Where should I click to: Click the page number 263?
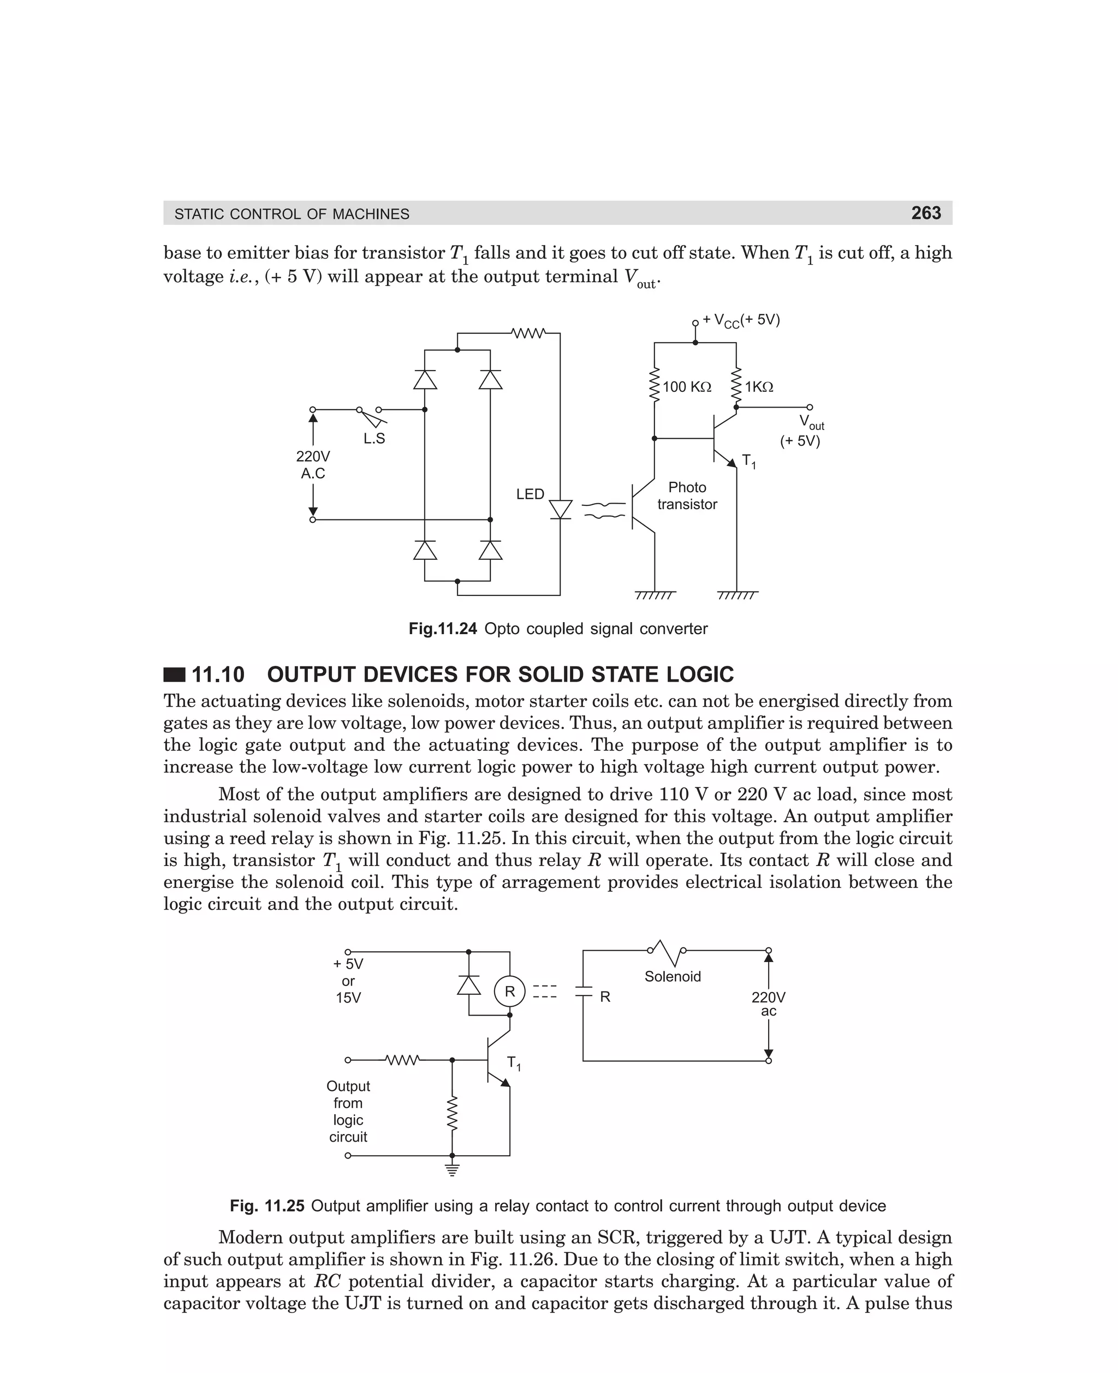[925, 213]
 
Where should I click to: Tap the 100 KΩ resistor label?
[687, 387]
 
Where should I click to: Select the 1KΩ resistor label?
[759, 387]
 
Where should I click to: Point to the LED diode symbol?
[560, 510]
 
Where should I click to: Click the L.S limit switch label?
[374, 439]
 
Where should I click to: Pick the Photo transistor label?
[687, 496]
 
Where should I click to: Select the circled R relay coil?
[509, 992]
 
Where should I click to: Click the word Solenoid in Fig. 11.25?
[673, 976]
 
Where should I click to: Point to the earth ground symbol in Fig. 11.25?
[452, 1169]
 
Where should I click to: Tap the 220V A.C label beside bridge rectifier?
[313, 465]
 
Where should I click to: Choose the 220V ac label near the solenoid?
[768, 1004]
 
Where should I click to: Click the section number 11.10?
[218, 674]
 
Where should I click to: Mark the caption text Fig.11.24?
[442, 629]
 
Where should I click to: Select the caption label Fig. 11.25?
[266, 1205]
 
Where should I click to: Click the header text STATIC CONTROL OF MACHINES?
[292, 214]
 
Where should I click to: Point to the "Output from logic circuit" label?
[348, 1111]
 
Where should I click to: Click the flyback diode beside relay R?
[468, 986]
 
